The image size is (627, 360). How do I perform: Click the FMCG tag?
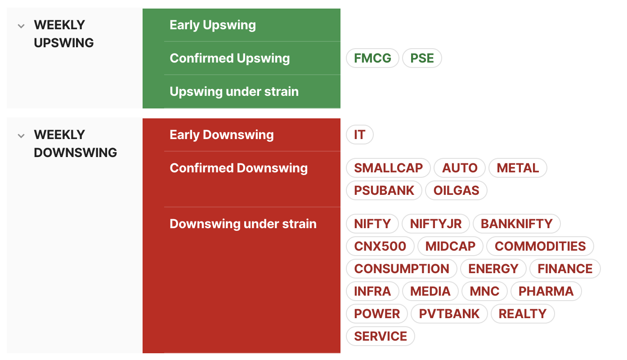(x=372, y=58)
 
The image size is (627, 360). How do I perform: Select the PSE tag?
(x=422, y=58)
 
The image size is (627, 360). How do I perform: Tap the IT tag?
(x=360, y=135)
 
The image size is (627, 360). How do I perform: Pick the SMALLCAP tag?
(x=388, y=168)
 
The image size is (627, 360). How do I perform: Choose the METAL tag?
(x=518, y=168)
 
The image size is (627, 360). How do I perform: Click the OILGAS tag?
(x=456, y=190)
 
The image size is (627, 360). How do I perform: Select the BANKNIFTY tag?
(x=517, y=224)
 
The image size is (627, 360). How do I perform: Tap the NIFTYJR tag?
(x=436, y=224)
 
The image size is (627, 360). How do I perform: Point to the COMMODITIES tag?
(x=540, y=246)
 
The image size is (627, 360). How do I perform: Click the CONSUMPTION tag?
(x=402, y=269)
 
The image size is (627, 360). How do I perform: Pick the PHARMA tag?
(x=546, y=291)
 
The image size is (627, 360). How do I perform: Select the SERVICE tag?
(x=381, y=336)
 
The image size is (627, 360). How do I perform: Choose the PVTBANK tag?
(x=449, y=314)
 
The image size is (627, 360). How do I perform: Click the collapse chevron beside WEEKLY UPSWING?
(x=21, y=26)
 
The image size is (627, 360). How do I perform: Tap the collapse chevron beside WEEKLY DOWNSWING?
(x=21, y=136)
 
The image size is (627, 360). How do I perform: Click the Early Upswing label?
(x=213, y=25)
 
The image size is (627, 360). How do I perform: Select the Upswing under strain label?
(x=234, y=91)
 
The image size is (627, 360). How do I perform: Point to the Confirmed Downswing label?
(x=238, y=168)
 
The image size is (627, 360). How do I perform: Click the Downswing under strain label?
(x=243, y=224)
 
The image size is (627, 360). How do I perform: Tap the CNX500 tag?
(x=380, y=246)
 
